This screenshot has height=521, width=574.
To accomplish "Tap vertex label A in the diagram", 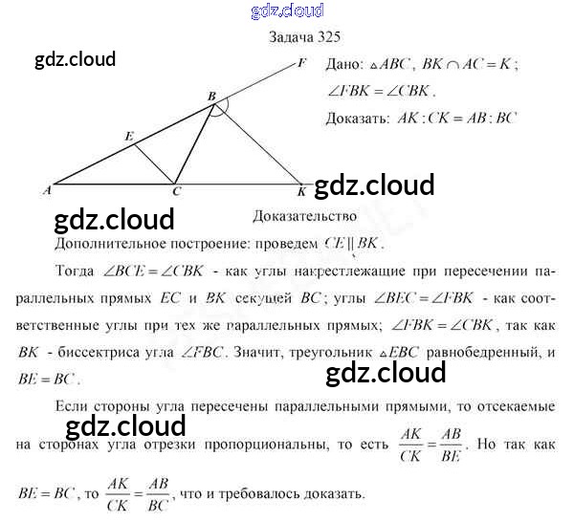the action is tap(46, 190).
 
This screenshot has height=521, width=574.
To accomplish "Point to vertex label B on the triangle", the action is tap(210, 96).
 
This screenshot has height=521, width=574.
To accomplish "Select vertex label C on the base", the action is tap(176, 192).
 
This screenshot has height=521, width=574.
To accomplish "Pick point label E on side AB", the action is tap(128, 137).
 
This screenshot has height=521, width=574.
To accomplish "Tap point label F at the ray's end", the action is tap(302, 64).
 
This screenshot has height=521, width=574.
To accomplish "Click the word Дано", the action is tap(343, 67).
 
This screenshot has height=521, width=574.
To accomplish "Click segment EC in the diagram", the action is tap(153, 163).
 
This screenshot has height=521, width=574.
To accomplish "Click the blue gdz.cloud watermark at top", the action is tap(287, 11).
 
